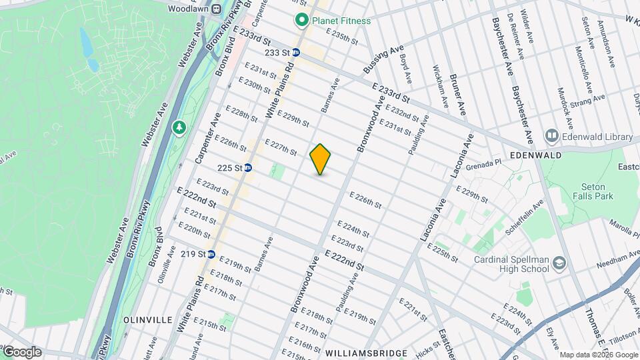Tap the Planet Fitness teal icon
[301, 21]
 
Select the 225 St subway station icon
[248, 168]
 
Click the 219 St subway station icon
[211, 254]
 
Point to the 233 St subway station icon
[295, 52]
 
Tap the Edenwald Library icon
[551, 137]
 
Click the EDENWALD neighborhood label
[537, 155]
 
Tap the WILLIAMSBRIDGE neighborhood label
[366, 352]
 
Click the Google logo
[22, 351]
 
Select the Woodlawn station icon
[217, 9]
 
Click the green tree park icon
[179, 127]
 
